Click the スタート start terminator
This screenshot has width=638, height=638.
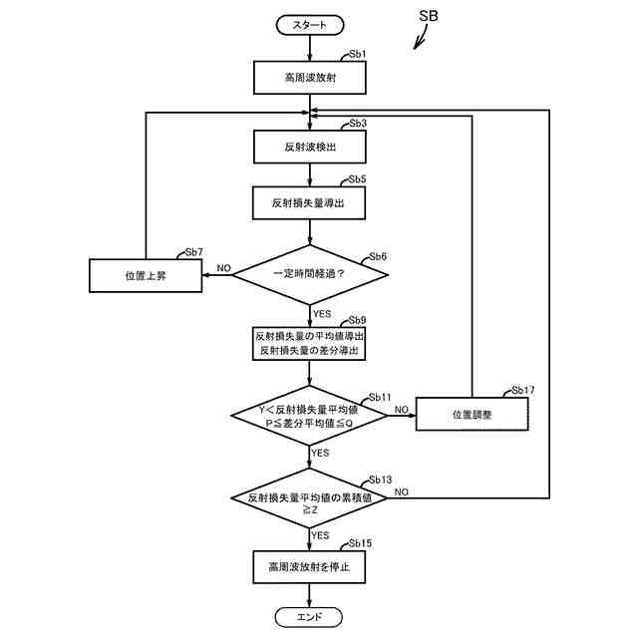(310, 25)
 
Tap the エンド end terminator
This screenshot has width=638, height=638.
(309, 617)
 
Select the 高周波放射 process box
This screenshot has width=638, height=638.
(310, 78)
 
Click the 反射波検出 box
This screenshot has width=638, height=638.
(310, 147)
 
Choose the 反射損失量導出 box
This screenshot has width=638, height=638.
(309, 203)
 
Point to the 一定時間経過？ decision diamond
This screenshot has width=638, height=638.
(310, 275)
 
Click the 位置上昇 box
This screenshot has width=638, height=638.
(146, 276)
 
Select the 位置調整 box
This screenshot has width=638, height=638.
(472, 415)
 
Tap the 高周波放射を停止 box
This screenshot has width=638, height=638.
(309, 567)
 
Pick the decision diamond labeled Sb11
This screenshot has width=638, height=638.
(309, 416)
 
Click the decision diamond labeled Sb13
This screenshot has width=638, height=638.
(309, 498)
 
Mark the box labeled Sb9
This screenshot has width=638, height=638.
(309, 343)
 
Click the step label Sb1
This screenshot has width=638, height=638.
(358, 54)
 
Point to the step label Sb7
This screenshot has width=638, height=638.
(193, 252)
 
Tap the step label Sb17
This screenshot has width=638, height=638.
(522, 390)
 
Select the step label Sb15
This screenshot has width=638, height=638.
(360, 543)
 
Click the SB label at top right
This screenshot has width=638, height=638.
(429, 16)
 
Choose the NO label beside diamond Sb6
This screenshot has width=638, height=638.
(223, 268)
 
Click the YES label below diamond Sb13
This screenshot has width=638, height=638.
(320, 535)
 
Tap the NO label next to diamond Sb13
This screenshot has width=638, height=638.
(401, 491)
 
